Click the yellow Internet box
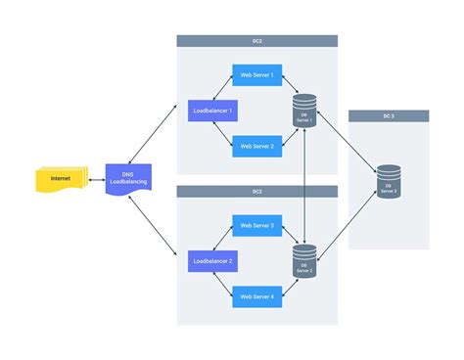pos(58,179)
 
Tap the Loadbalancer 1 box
pos(213,112)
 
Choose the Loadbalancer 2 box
pos(213,261)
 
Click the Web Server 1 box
pos(257,76)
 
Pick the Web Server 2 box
pos(257,147)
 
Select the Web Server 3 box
pos(257,226)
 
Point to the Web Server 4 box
pos(257,296)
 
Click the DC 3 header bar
pos(389,115)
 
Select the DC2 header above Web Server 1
pos(257,41)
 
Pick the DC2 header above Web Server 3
pos(257,192)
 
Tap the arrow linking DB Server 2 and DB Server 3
pos(348,223)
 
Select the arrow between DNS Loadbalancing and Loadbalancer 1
pos(156,132)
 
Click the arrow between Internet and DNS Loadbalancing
pos(95,180)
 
